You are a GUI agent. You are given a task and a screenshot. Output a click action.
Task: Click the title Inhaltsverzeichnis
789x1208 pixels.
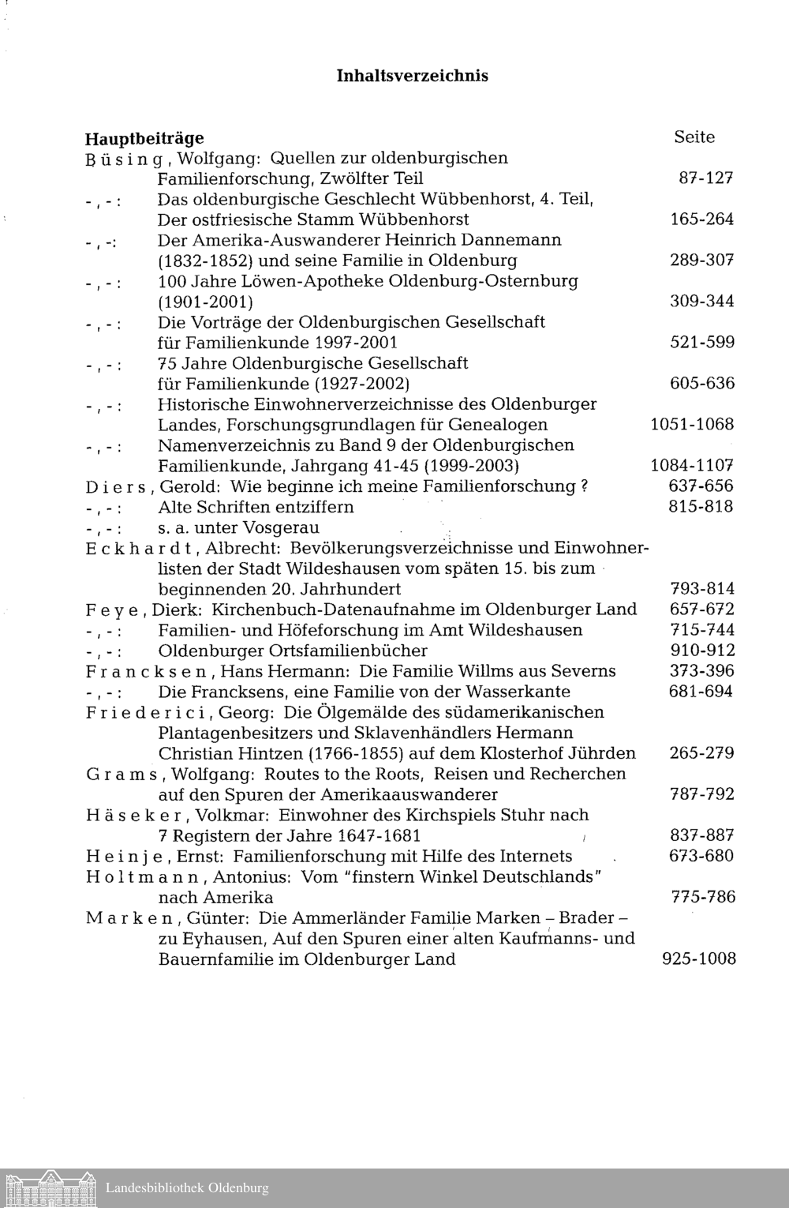[412, 76]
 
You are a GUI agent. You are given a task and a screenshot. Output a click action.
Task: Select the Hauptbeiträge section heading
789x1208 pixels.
[144, 138]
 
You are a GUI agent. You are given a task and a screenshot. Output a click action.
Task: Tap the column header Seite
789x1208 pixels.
[694, 137]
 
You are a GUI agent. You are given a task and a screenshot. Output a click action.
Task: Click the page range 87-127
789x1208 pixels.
[706, 178]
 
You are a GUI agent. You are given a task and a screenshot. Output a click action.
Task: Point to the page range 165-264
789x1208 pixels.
[701, 219]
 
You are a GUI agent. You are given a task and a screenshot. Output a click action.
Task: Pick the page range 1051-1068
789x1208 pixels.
[692, 425]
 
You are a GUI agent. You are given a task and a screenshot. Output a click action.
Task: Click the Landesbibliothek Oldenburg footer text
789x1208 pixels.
[187, 1188]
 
